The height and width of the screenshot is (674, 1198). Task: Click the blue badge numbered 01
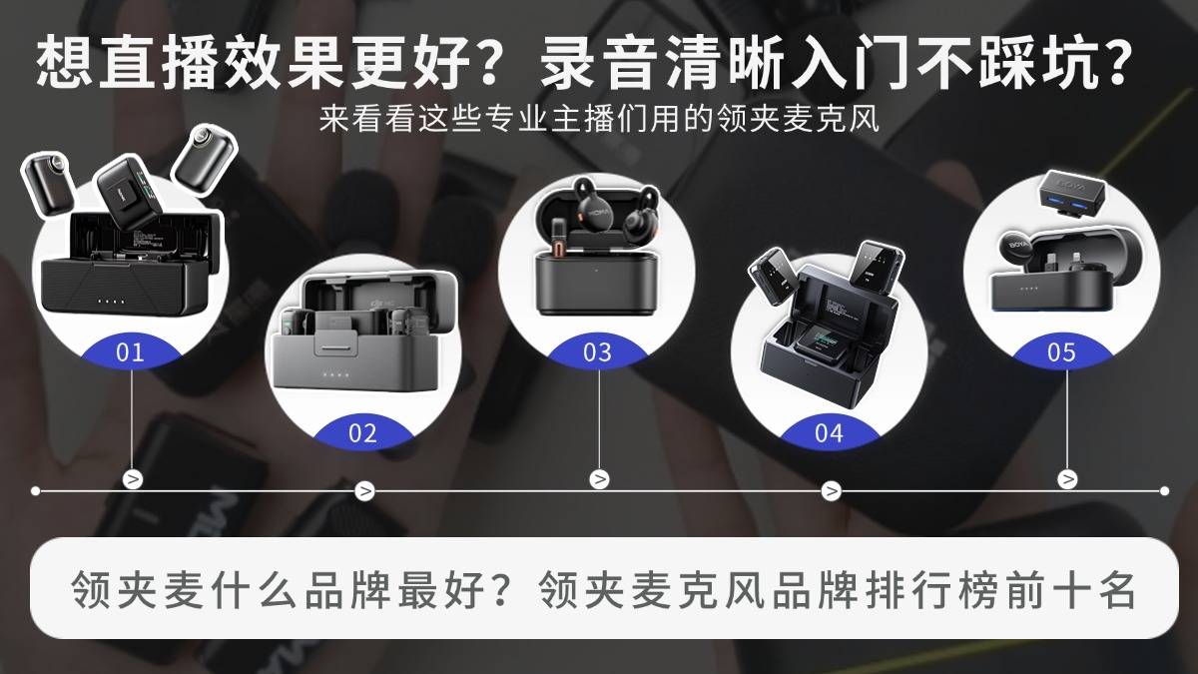pyautogui.click(x=131, y=351)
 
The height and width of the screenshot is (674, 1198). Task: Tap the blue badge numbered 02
pyautogui.click(x=363, y=432)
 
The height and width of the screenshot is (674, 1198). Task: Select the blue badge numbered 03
pyautogui.click(x=597, y=351)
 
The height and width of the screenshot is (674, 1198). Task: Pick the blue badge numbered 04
pyautogui.click(x=830, y=432)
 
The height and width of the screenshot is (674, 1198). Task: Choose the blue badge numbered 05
pyautogui.click(x=1061, y=351)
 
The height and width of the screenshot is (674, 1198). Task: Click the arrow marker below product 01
pyautogui.click(x=133, y=478)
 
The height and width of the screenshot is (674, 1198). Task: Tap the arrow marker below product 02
pyautogui.click(x=364, y=490)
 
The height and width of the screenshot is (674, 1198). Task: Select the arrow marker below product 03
pyautogui.click(x=600, y=478)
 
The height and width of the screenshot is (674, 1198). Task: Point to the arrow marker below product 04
pyautogui.click(x=831, y=490)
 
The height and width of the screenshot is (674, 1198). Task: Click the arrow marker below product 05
pyautogui.click(x=1067, y=478)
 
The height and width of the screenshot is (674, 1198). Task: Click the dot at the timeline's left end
pyautogui.click(x=35, y=490)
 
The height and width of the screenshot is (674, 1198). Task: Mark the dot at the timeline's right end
pyautogui.click(x=1165, y=490)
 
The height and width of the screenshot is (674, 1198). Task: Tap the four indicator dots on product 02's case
pyautogui.click(x=335, y=374)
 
